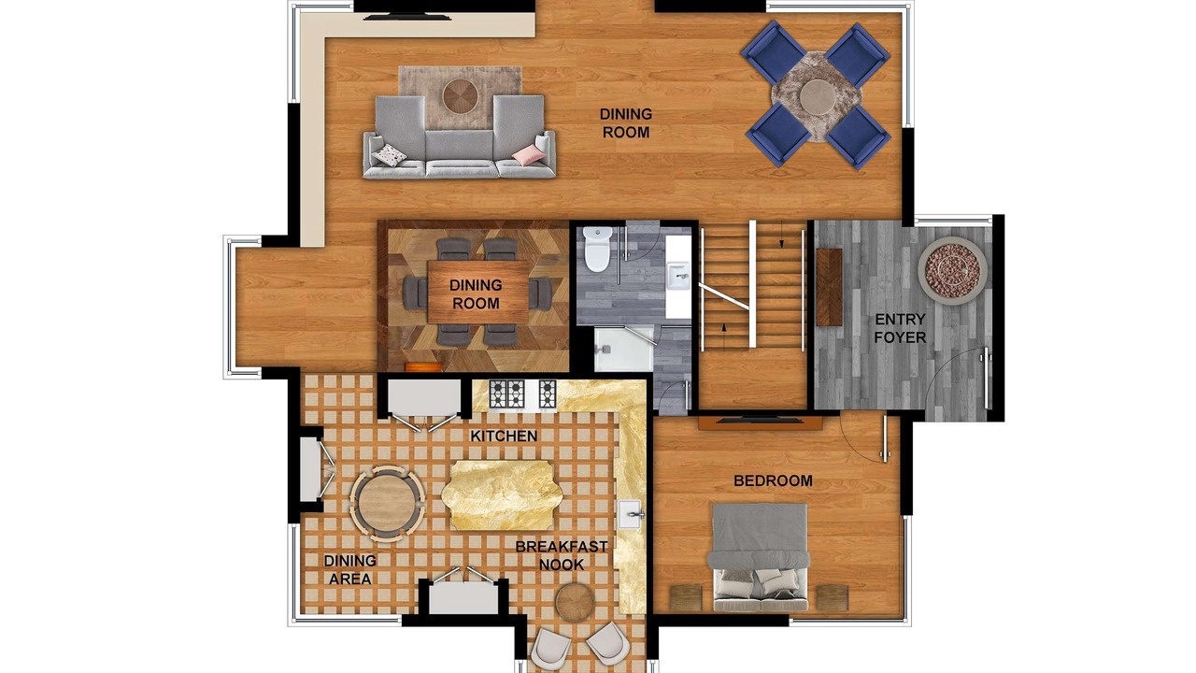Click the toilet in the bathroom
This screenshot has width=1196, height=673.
(x=597, y=250)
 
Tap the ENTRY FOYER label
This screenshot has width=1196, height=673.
(x=900, y=328)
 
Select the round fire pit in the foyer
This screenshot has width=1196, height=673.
(x=952, y=271)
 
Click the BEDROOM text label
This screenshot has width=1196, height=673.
(x=773, y=480)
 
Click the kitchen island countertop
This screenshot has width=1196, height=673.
(x=502, y=495)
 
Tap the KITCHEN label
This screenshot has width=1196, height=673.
(x=504, y=437)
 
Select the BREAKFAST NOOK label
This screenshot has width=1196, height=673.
(x=562, y=555)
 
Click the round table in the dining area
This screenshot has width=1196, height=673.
(x=387, y=504)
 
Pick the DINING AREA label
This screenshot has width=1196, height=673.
(x=350, y=569)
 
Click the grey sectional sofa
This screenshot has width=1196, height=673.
(x=460, y=136)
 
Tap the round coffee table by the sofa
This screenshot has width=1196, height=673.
(x=461, y=96)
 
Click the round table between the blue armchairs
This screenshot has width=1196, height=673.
(x=818, y=96)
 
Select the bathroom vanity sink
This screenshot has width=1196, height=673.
(x=678, y=276)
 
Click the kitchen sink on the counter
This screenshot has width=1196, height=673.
(x=631, y=515)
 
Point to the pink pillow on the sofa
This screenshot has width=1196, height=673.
(x=529, y=155)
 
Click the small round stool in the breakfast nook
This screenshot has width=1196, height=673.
(x=575, y=603)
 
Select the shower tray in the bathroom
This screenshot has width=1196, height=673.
(x=623, y=350)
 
